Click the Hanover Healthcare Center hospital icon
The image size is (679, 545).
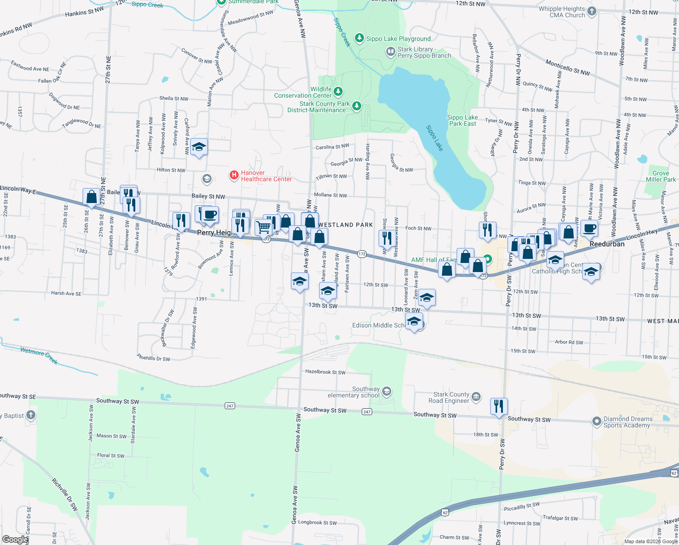point(234,175)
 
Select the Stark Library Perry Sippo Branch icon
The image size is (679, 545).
point(390,52)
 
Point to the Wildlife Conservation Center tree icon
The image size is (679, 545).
point(338,92)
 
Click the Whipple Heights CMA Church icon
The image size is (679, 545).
point(591,11)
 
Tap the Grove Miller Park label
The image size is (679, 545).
point(661,176)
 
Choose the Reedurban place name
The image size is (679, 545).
point(607,244)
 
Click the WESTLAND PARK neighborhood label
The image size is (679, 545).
point(346,225)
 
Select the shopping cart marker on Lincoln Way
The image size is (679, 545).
point(264,227)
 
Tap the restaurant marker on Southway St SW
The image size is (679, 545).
point(499,406)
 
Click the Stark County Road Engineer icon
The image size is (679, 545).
point(476,397)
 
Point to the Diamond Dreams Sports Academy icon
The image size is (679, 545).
point(597,421)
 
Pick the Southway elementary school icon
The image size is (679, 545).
point(386,391)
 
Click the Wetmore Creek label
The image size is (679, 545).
point(39,355)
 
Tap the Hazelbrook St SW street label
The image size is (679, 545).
point(325,372)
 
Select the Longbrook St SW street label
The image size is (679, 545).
point(317,522)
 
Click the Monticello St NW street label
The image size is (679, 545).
point(567,68)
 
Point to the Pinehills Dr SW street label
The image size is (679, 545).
point(153,358)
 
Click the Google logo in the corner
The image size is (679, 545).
point(15,539)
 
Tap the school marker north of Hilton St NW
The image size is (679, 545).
point(199,148)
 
